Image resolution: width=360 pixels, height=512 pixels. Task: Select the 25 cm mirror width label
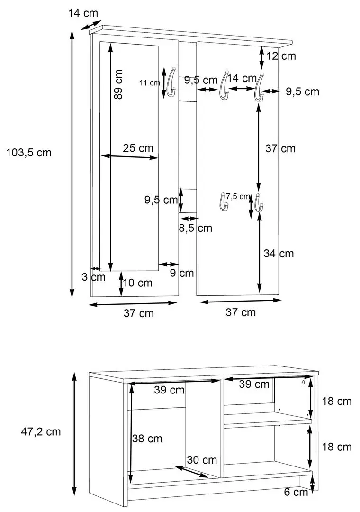pos(138,148)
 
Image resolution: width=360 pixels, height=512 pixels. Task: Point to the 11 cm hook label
pos(150,83)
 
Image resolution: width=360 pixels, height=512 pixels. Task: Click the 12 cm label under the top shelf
pos(280,56)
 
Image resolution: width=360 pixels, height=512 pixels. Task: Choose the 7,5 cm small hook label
pos(237,196)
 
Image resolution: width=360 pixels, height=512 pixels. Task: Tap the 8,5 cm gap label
pos(195,228)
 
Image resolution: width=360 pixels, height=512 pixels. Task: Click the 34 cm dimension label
pos(279,253)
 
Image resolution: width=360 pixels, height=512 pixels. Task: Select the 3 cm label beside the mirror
pos(93,277)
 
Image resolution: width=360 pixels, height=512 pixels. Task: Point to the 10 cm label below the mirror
pos(137,283)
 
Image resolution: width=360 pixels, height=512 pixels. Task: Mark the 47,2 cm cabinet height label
pos(41,431)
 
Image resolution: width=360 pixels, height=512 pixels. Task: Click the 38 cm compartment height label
pos(148,439)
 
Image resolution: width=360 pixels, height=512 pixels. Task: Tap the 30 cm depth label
pos(202,460)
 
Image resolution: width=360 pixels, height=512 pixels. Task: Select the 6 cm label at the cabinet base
pos(297,492)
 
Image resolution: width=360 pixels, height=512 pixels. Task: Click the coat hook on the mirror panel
pos(171,82)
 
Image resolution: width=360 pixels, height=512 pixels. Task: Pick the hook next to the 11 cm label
pos(171,82)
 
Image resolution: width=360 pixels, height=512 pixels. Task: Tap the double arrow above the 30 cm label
pos(191,472)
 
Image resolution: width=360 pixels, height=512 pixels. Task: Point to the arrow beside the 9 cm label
pos(169,264)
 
